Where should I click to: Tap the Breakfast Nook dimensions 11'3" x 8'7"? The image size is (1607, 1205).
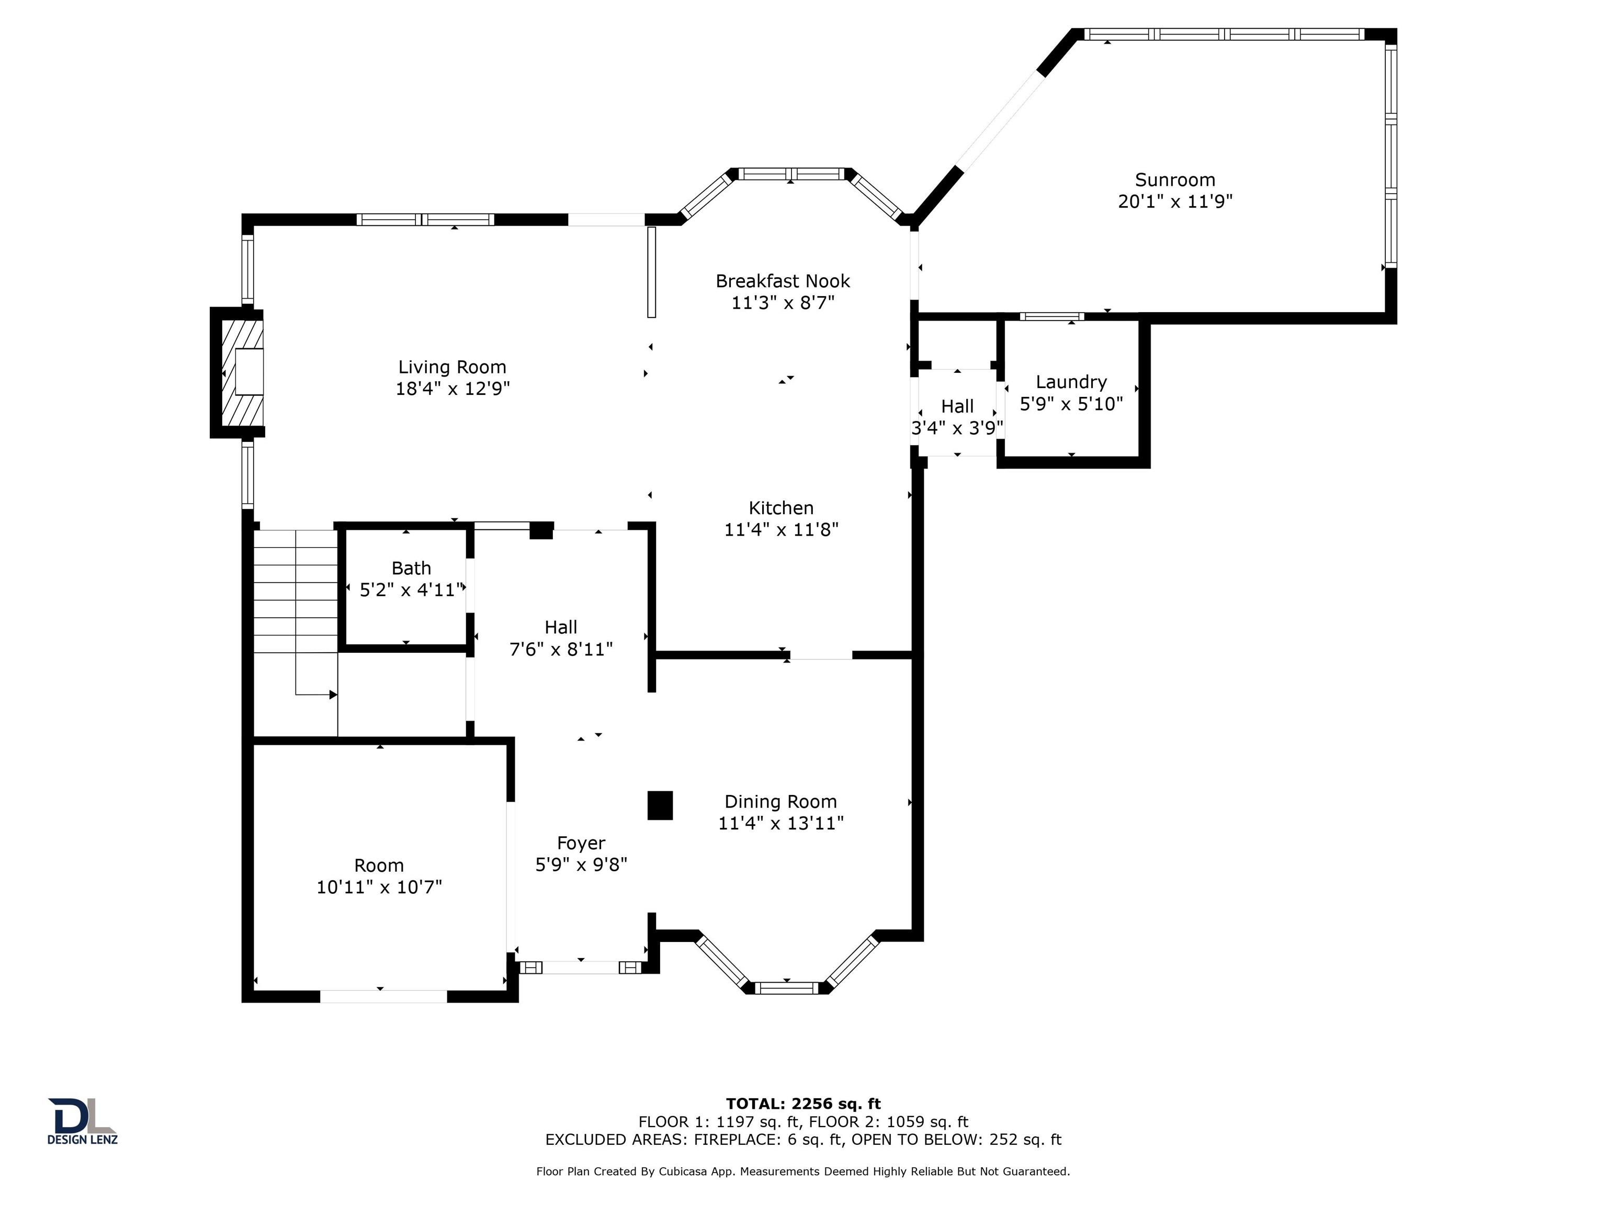tap(783, 303)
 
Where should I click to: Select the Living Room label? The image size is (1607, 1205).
tap(452, 368)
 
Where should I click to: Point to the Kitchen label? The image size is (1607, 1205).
tap(781, 508)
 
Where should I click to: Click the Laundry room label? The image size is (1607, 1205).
tap(1071, 382)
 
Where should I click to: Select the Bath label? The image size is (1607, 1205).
tap(411, 569)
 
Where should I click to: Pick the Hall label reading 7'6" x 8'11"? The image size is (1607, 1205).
tap(561, 649)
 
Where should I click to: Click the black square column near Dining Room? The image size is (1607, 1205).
tap(660, 805)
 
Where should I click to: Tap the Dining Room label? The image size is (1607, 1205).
tap(780, 802)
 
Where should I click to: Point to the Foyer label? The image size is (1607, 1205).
tap(581, 843)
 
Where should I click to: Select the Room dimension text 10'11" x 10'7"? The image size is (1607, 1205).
tap(379, 887)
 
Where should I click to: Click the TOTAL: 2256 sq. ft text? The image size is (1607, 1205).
tap(803, 1105)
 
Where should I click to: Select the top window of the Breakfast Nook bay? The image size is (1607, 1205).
tap(790, 174)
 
